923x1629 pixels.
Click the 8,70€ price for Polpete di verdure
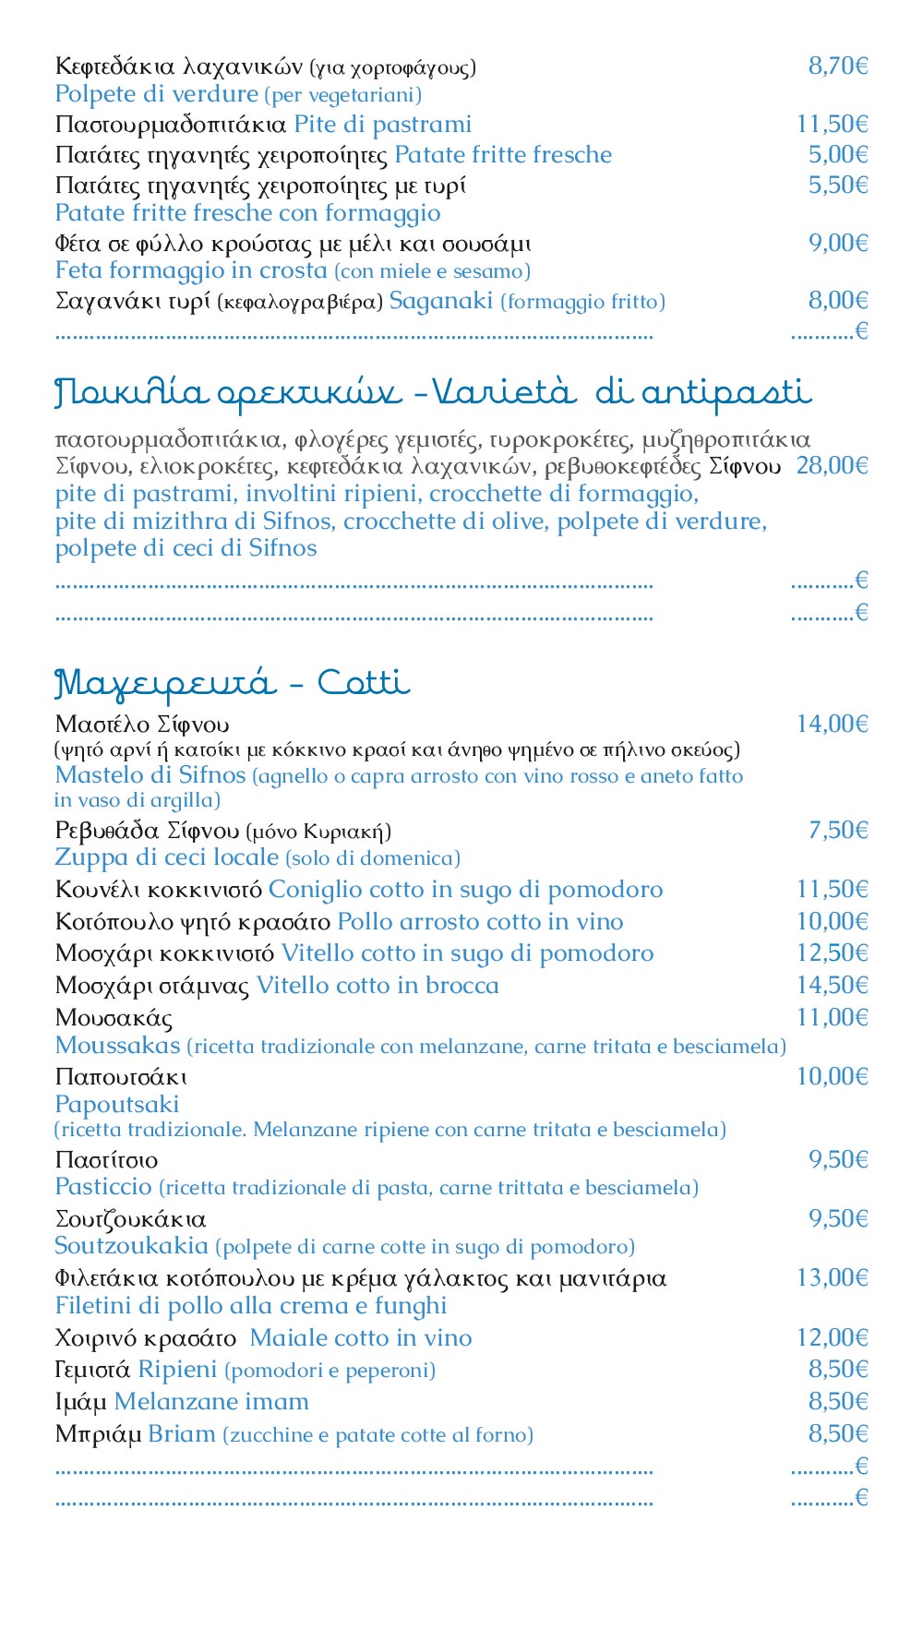click(x=837, y=66)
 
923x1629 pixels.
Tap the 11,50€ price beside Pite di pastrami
click(x=832, y=125)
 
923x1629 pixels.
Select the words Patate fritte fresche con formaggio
click(x=247, y=213)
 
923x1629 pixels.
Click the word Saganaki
click(x=440, y=301)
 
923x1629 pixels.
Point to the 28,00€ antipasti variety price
click(x=832, y=465)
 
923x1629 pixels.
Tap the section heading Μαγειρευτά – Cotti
click(x=232, y=684)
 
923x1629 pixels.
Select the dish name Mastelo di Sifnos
click(x=150, y=775)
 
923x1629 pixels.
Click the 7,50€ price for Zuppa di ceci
click(x=837, y=830)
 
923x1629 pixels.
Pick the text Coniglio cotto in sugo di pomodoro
click(x=465, y=890)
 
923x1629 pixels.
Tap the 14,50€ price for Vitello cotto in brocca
click(x=832, y=986)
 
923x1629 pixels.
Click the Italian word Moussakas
click(x=117, y=1046)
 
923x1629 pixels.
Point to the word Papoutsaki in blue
click(x=117, y=1104)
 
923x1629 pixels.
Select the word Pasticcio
click(x=103, y=1187)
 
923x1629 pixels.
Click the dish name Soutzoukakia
click(x=131, y=1246)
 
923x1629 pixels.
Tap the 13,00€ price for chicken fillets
click(x=832, y=1278)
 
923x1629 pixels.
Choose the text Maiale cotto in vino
click(x=361, y=1338)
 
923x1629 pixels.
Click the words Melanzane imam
click(x=211, y=1402)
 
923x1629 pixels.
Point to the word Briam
click(x=181, y=1434)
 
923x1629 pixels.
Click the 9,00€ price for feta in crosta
click(x=837, y=243)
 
